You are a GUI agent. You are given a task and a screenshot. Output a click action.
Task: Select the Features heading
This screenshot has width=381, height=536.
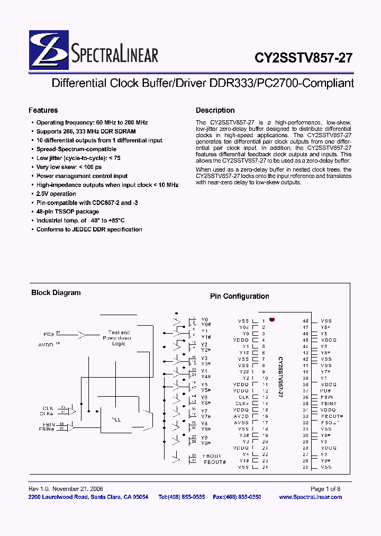43,110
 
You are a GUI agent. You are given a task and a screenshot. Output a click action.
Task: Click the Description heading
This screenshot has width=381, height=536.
215,110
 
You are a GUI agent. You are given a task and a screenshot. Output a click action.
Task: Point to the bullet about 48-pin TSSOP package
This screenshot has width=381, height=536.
67,211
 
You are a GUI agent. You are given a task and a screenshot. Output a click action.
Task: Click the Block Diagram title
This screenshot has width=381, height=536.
56,292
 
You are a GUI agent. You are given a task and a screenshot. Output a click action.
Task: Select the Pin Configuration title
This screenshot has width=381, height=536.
239,297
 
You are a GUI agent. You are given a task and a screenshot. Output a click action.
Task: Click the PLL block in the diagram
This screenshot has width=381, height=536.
116,419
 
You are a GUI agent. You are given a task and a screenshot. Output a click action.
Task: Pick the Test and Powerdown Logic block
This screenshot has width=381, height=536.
119,338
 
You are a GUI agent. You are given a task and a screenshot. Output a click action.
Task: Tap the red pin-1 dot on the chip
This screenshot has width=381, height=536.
272,320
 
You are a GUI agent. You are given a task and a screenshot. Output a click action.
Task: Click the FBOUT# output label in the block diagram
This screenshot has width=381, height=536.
215,462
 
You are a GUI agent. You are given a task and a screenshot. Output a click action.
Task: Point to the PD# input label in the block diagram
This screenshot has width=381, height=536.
49,335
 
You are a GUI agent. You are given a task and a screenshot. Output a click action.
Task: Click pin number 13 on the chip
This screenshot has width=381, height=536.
265,397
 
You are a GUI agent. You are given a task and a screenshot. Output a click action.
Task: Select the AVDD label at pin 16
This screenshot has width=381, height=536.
241,416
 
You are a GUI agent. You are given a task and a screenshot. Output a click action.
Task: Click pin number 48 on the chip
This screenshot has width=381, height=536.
305,321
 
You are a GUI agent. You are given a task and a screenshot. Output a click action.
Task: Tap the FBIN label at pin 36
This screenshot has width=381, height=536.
326,397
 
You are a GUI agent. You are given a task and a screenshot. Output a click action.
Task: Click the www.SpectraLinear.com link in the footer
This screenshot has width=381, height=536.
310,497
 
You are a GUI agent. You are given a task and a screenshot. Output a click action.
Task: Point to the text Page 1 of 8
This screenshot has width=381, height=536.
325,489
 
